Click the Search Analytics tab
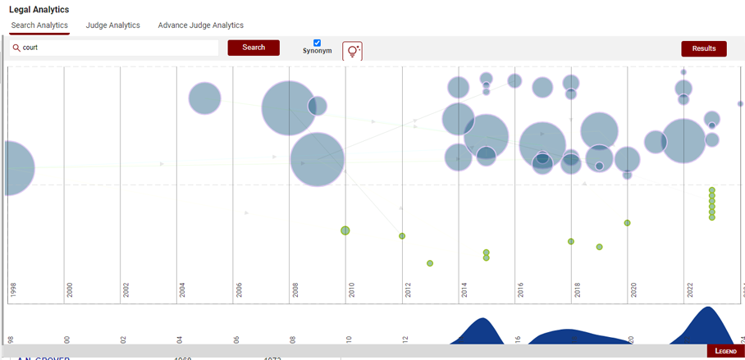click(x=39, y=25)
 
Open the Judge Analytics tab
click(x=113, y=25)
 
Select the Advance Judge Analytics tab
click(x=201, y=25)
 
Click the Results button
click(x=703, y=48)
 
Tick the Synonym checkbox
click(x=318, y=43)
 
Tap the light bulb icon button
click(x=352, y=51)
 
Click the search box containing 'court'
click(x=115, y=48)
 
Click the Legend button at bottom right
click(x=725, y=351)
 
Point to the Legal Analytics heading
click(x=39, y=9)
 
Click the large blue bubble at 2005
click(x=204, y=98)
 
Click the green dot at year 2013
click(x=430, y=263)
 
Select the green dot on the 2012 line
click(x=402, y=236)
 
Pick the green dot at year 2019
click(x=600, y=247)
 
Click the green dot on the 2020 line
click(x=627, y=223)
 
